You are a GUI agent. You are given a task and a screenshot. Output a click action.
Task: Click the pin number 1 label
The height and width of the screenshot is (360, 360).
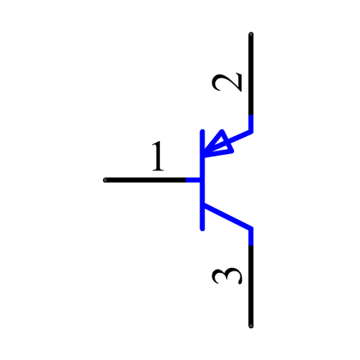[158, 157]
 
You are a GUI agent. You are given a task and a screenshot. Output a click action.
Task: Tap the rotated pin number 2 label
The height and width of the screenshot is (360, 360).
[228, 82]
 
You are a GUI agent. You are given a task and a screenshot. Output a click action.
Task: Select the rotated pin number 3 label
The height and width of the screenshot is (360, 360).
[228, 276]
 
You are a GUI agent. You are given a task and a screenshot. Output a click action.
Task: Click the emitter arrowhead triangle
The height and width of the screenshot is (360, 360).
[220, 144]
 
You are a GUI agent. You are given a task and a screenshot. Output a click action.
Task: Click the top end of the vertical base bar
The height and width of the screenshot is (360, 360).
[204, 132]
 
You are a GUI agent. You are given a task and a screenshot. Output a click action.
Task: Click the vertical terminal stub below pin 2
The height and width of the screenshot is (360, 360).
[251, 123]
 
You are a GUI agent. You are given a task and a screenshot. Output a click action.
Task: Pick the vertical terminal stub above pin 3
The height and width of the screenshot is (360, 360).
[251, 237]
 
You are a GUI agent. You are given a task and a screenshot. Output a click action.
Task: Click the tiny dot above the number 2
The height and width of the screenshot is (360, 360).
[251, 34]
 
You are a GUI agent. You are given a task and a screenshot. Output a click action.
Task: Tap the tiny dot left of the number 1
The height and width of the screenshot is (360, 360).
[105, 179]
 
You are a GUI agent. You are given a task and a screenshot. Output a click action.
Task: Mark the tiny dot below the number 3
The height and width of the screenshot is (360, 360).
[251, 325]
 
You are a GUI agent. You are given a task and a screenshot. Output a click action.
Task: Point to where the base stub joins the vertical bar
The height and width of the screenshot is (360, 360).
[204, 179]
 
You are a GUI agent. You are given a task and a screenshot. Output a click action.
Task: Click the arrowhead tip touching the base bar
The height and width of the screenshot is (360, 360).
[206, 153]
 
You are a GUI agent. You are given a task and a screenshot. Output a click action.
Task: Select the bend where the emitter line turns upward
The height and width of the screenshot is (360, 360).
[251, 132]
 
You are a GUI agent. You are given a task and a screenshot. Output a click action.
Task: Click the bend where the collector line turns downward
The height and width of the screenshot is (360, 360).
[251, 229]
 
